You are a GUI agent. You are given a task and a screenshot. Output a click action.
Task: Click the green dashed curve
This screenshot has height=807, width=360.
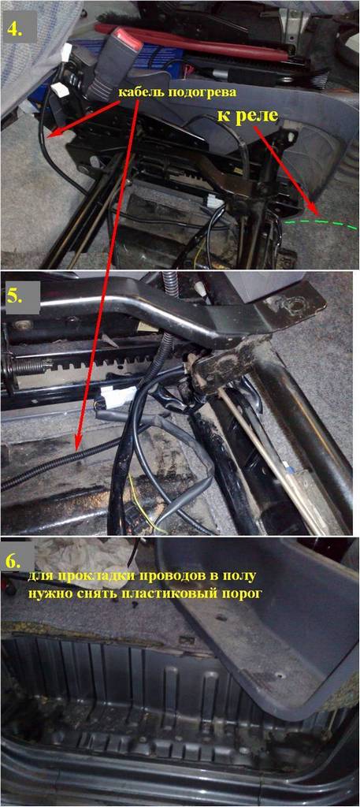point(320,221)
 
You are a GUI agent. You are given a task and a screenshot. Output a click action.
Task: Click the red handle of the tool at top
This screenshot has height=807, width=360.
point(191,40)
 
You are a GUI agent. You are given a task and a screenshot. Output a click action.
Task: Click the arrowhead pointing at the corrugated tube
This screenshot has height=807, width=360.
point(77,444)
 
